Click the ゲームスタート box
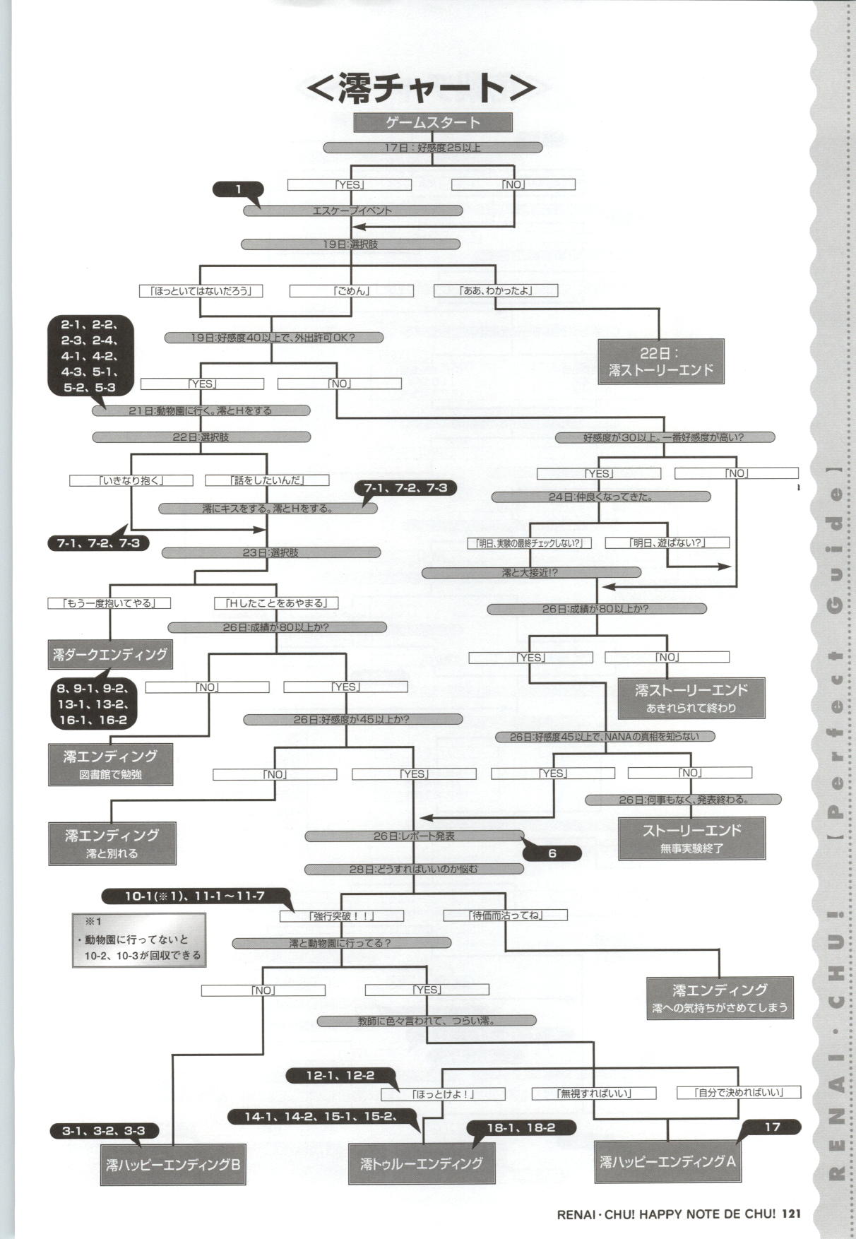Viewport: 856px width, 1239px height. pyautogui.click(x=432, y=122)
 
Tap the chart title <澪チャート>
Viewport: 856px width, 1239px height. pyautogui.click(x=421, y=87)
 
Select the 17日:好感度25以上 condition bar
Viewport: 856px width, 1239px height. pyautogui.click(x=432, y=148)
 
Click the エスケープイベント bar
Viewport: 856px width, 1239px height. pyautogui.click(x=352, y=211)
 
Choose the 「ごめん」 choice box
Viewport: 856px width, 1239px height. pyautogui.click(x=351, y=290)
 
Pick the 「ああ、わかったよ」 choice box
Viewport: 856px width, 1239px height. pyautogui.click(x=495, y=290)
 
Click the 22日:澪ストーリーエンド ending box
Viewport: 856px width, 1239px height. pyautogui.click(x=661, y=361)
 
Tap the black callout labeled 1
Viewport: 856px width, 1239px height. pyautogui.click(x=238, y=189)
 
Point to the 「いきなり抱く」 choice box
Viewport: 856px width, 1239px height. pyautogui.click(x=131, y=480)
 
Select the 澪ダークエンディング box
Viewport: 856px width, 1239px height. pyautogui.click(x=110, y=654)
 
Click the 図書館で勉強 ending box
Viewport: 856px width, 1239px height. pyautogui.click(x=111, y=764)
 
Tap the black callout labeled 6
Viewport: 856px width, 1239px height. pyautogui.click(x=552, y=853)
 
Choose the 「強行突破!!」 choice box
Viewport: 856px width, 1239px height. pyautogui.click(x=342, y=915)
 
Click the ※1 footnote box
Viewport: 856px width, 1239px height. pyautogui.click(x=138, y=939)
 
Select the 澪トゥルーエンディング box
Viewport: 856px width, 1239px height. pyautogui.click(x=422, y=1163)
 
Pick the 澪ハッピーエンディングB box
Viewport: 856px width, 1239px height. pyautogui.click(x=172, y=1164)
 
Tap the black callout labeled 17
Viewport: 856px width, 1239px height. pyautogui.click(x=772, y=1127)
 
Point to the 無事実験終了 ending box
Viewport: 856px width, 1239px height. pyautogui.click(x=691, y=838)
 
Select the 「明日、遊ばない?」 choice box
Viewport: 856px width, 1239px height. pyautogui.click(x=667, y=543)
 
